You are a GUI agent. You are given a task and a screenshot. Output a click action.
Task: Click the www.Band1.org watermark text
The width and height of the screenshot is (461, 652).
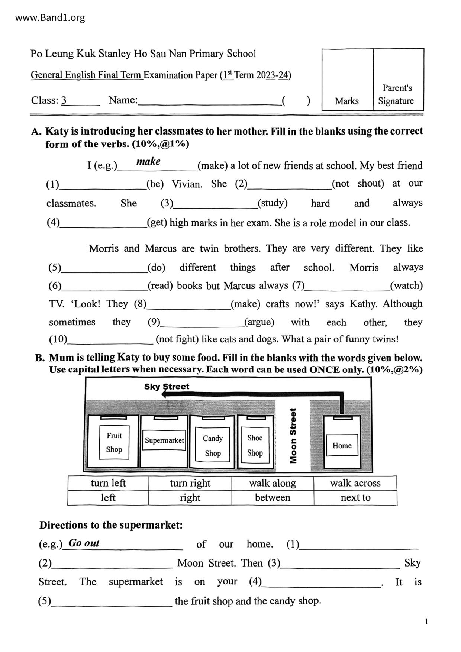50,17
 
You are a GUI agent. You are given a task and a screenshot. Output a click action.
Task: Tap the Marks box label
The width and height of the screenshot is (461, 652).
346,101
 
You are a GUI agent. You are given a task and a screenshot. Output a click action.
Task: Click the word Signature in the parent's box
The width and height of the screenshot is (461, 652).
396,101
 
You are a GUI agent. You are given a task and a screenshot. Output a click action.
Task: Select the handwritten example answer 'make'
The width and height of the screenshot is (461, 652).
148,161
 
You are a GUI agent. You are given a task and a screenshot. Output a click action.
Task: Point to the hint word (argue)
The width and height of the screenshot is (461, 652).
259,322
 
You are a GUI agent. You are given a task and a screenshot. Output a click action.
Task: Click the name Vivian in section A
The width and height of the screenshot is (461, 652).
187,184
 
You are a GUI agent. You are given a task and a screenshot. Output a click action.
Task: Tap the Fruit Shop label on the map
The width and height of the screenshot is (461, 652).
114,442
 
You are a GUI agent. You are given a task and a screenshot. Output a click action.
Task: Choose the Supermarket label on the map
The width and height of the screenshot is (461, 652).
164,440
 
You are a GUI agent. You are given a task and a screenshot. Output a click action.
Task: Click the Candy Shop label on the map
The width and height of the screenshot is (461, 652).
213,445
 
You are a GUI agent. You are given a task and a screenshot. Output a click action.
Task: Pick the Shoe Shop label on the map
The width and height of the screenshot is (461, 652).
255,445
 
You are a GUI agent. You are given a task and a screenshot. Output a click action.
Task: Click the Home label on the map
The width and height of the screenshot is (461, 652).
342,445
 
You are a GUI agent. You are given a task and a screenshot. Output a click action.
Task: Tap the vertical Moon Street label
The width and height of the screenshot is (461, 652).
293,436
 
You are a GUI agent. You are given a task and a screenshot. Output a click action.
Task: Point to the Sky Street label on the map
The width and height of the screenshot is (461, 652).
167,386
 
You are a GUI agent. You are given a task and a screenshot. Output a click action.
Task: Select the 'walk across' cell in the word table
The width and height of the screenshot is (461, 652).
355,483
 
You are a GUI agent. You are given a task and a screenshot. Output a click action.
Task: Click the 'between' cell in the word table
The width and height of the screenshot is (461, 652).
273,497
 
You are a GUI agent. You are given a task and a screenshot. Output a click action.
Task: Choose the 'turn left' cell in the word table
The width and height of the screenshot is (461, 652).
108,483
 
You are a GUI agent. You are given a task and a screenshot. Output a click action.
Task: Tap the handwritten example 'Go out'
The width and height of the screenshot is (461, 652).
84,543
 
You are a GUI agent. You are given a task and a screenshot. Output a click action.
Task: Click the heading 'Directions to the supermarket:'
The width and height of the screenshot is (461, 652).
111,525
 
